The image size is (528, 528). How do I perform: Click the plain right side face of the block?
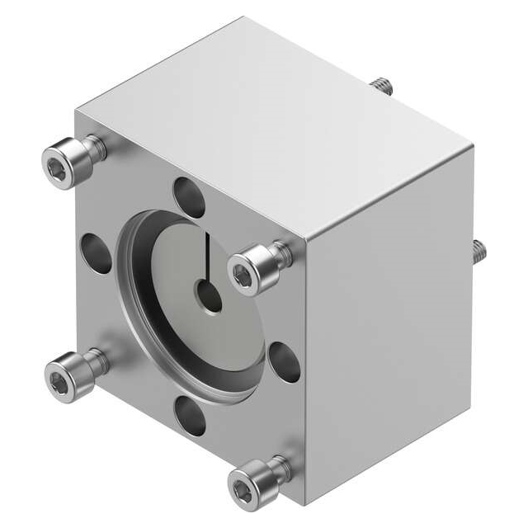click(388, 313)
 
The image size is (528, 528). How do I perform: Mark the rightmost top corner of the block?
click(474, 148)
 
